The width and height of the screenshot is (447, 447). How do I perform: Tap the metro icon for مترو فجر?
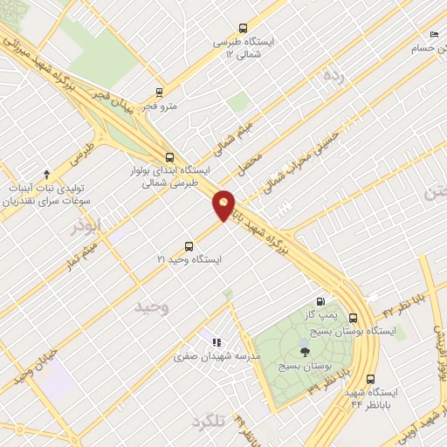tap(159, 92)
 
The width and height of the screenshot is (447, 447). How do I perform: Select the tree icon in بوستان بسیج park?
tap(305, 352)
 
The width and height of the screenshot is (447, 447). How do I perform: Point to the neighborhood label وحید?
tap(150, 307)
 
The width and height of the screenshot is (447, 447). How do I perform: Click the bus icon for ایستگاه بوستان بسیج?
tap(354, 319)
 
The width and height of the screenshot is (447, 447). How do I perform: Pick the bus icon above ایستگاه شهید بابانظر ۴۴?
tap(371, 380)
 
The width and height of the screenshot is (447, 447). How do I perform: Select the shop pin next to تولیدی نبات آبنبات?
tap(46, 174)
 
